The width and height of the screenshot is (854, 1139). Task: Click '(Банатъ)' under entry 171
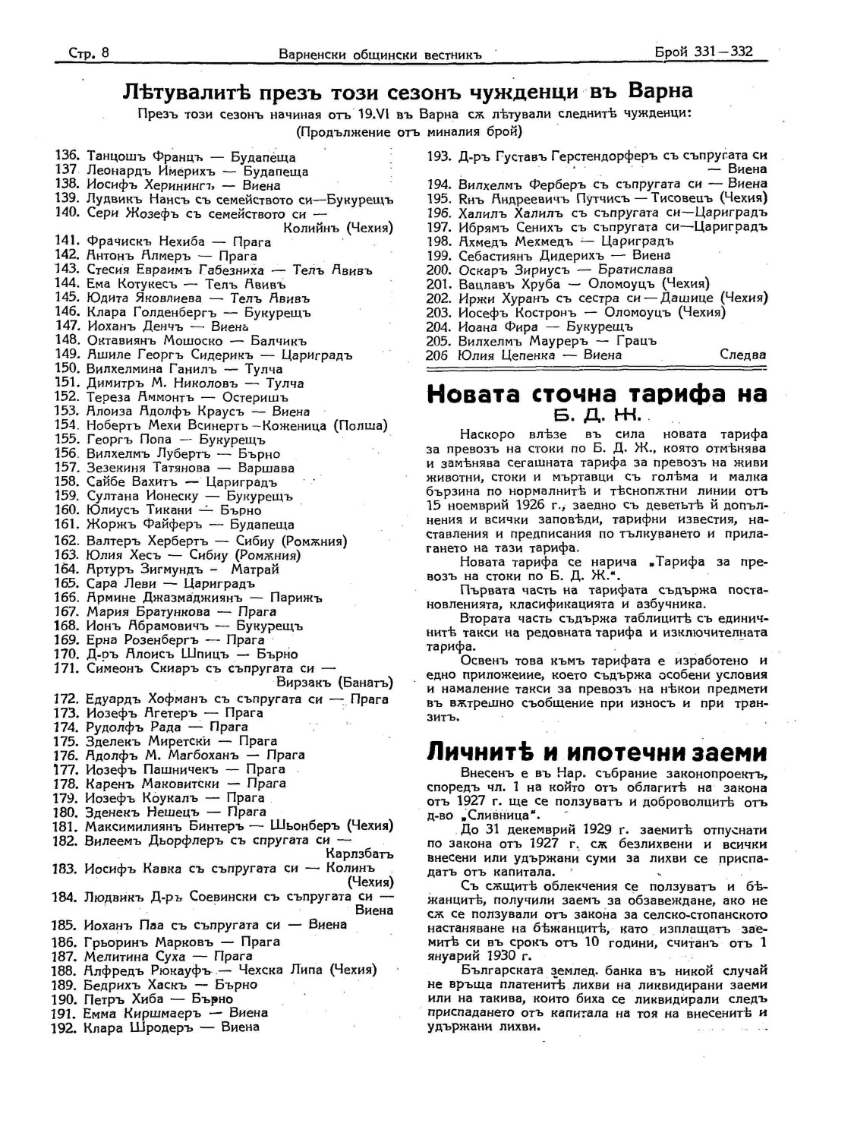(x=365, y=682)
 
